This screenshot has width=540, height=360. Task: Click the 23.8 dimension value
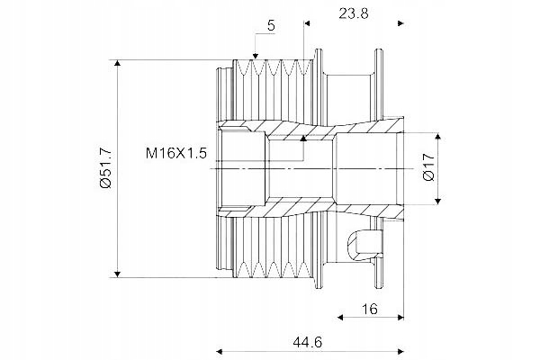[353, 13]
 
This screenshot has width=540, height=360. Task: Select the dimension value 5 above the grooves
[271, 27]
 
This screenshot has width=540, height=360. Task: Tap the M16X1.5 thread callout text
[175, 153]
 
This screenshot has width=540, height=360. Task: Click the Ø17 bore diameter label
[428, 168]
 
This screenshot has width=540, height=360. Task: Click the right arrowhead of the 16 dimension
[400, 317]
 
